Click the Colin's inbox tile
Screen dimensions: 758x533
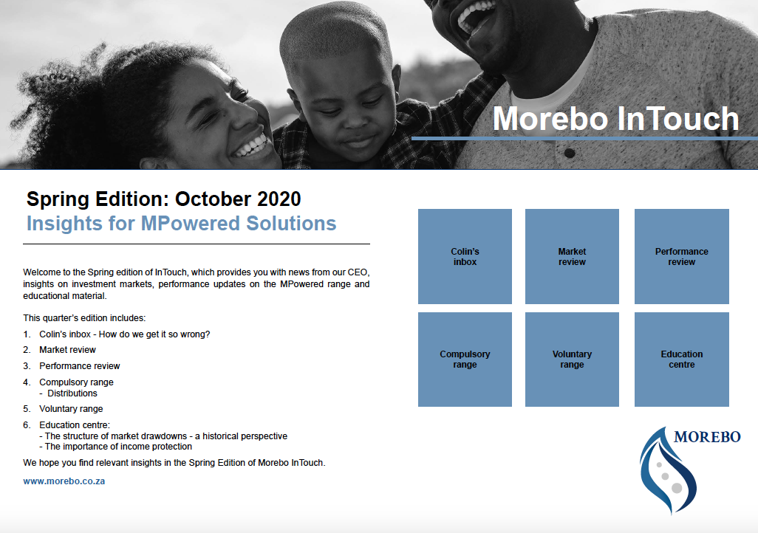click(x=465, y=257)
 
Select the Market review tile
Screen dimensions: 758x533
click(x=572, y=257)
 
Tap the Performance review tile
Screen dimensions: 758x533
click(x=682, y=257)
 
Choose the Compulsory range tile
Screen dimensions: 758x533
click(x=465, y=360)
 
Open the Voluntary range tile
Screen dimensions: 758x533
click(x=572, y=360)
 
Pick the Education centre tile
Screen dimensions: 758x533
click(x=682, y=360)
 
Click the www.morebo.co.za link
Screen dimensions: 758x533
click(x=64, y=481)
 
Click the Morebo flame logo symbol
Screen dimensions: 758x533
click(x=667, y=471)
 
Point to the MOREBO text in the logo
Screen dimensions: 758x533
click(x=707, y=437)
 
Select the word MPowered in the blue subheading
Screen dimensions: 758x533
click(x=191, y=224)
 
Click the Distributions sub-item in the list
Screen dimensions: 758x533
click(x=72, y=393)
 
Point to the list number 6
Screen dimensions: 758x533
click(x=27, y=425)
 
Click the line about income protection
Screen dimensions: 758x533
click(x=115, y=447)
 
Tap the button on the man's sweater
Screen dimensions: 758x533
click(x=570, y=154)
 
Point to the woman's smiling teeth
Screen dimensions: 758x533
click(x=251, y=145)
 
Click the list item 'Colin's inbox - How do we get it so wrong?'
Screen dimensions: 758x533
click(x=125, y=334)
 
